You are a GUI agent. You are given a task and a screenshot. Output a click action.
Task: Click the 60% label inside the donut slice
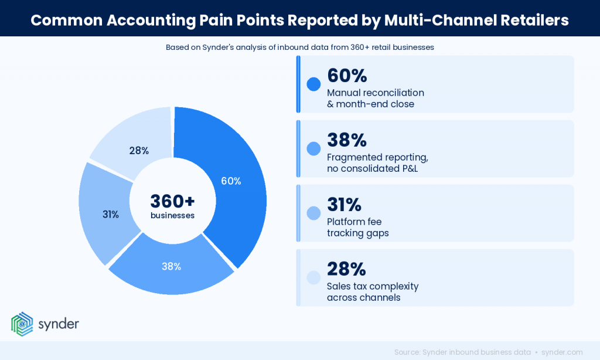231,181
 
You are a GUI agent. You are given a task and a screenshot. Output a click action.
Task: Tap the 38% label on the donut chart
171,266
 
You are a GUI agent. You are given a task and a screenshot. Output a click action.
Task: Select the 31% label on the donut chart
111,215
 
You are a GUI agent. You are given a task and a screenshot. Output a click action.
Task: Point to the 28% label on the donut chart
139,151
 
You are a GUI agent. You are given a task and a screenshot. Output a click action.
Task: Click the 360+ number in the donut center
172,201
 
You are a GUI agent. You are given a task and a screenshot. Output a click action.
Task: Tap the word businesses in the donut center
172,215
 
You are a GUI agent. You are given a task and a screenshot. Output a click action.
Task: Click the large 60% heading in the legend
347,76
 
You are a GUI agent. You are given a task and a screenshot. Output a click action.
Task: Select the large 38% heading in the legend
346,140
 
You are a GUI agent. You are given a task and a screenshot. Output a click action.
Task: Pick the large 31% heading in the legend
344,205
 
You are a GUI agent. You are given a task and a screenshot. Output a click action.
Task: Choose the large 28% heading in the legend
346,269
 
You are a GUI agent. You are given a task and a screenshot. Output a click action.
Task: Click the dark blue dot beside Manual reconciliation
313,84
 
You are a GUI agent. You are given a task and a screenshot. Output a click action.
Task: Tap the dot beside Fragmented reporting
313,148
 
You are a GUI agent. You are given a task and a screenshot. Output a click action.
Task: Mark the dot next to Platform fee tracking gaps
313,213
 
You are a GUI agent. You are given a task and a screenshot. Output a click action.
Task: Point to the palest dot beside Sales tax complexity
313,277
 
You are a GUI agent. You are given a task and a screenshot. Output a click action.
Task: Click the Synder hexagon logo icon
22,324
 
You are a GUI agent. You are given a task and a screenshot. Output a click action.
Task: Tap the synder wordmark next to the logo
58,324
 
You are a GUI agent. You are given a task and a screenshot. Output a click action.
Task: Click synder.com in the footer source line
562,352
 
